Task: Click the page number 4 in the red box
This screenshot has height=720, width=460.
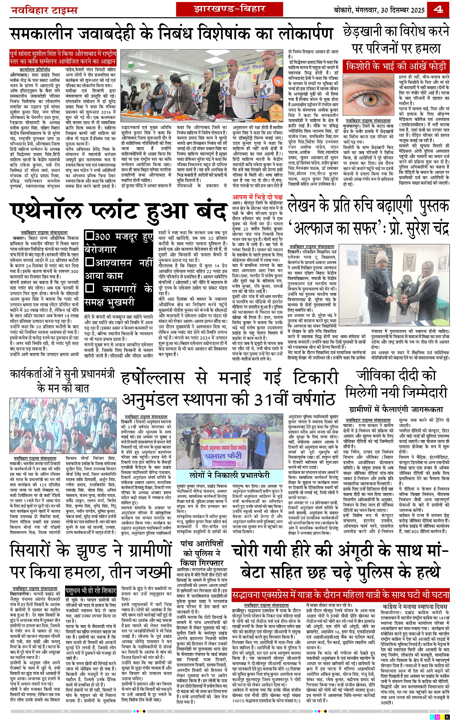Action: [x=438, y=10]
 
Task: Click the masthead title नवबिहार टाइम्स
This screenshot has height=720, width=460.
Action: [x=44, y=11]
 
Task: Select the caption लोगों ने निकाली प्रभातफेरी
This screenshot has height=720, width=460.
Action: [x=229, y=475]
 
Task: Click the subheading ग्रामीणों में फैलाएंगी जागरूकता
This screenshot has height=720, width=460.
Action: [x=396, y=409]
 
